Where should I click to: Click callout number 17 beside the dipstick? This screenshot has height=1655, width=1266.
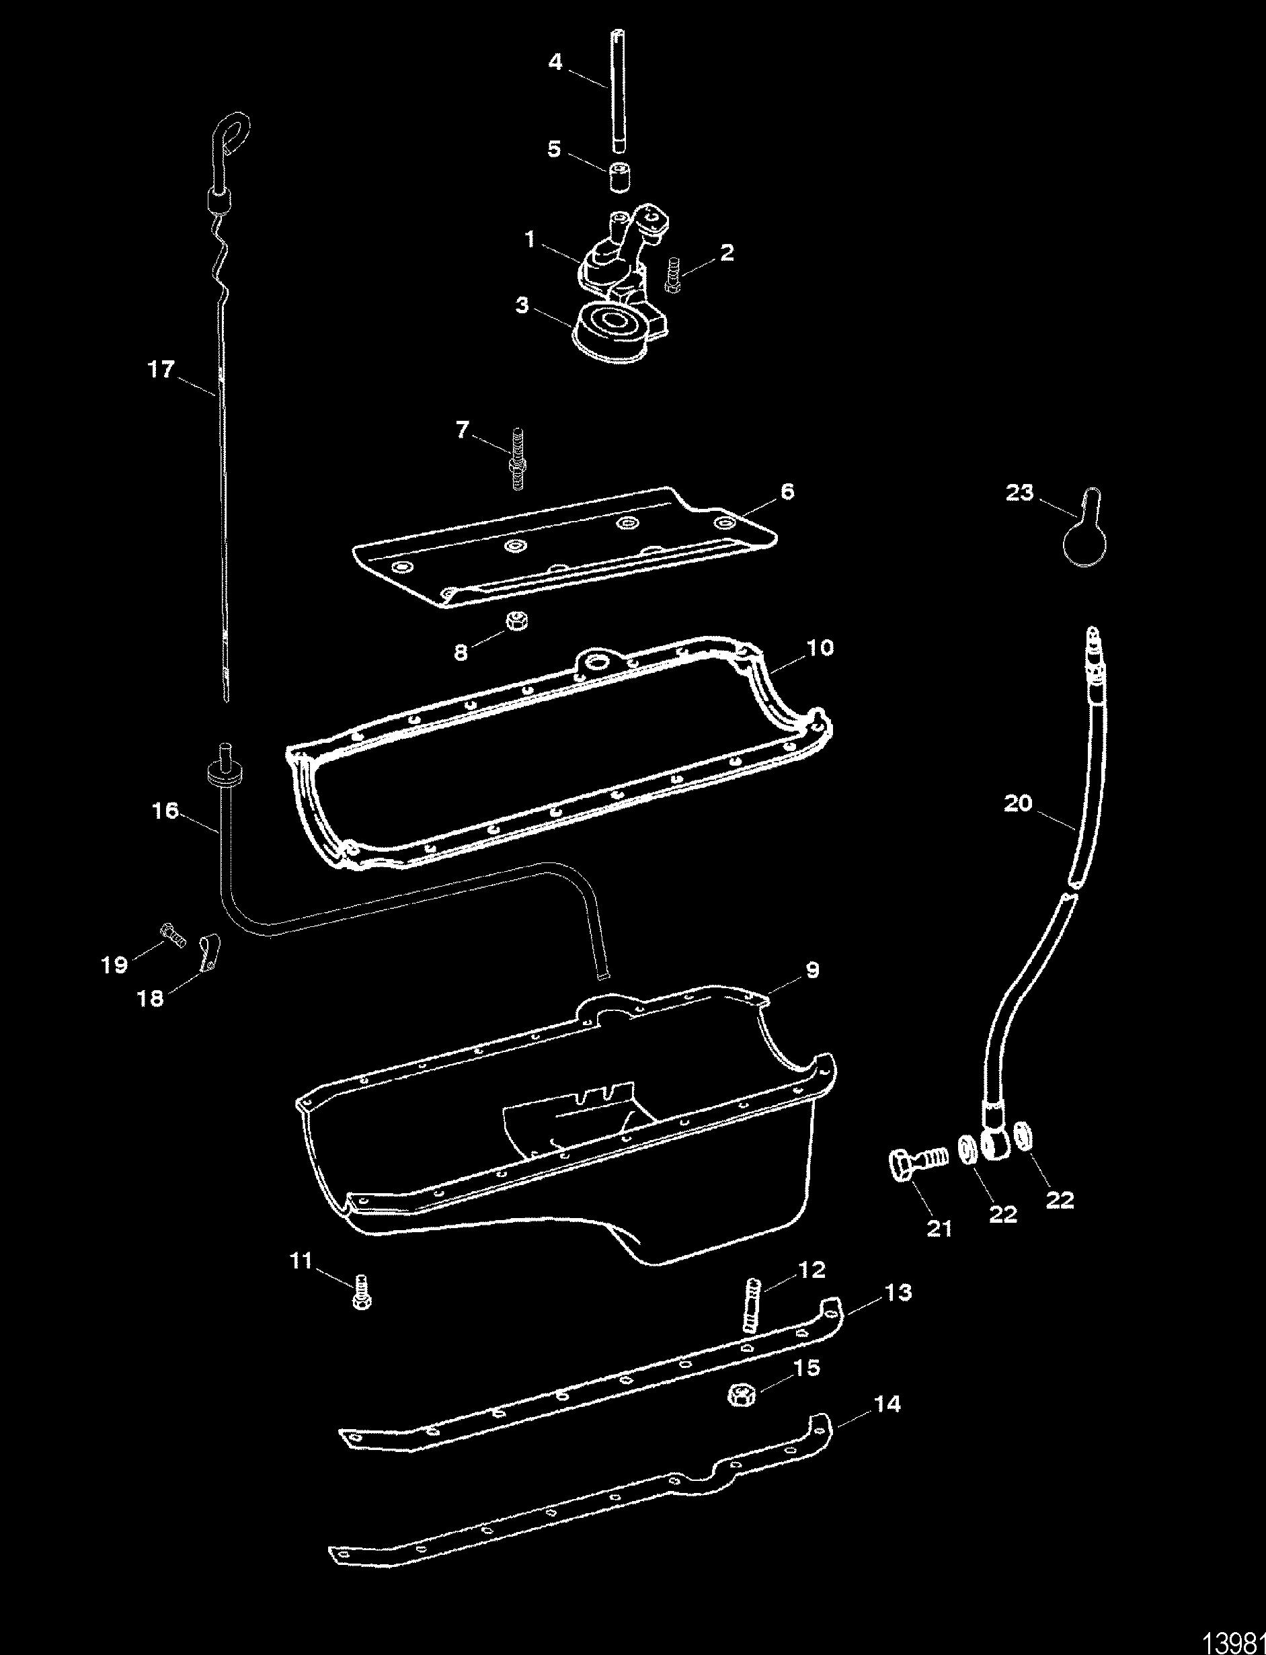(162, 370)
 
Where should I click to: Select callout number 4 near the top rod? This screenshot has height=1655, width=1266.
(555, 62)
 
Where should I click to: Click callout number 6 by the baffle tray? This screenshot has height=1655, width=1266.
(787, 492)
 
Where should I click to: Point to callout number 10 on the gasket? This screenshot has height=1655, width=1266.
(822, 647)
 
